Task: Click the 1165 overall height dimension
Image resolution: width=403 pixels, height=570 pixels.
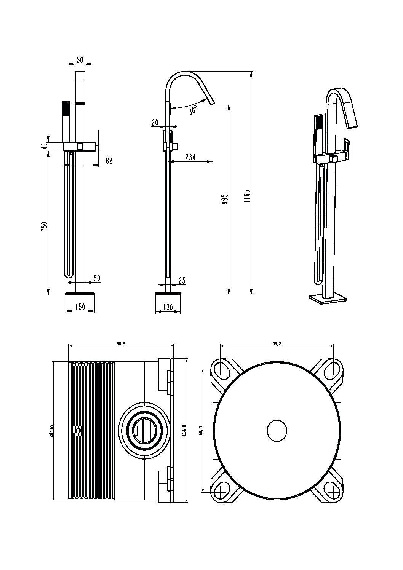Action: click(x=246, y=198)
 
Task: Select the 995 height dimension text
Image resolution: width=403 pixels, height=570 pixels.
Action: click(x=225, y=199)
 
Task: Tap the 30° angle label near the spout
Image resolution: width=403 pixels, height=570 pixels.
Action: click(x=193, y=110)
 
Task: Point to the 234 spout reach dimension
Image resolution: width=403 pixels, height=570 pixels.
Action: click(x=190, y=157)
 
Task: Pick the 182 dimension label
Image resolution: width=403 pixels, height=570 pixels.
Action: click(x=107, y=161)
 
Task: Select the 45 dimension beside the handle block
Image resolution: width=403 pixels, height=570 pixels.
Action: click(x=45, y=145)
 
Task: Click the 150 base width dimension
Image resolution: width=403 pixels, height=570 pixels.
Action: click(x=80, y=307)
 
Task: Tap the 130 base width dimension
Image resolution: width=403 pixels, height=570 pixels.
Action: click(x=168, y=307)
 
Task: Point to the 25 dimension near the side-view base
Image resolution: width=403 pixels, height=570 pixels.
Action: click(x=182, y=281)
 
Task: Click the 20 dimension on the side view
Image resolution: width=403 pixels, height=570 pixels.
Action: click(x=155, y=122)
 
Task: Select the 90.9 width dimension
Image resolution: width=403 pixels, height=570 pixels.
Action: click(x=121, y=344)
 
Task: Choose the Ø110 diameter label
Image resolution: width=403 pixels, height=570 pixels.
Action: click(x=51, y=430)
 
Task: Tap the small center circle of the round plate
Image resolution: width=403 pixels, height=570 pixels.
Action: click(x=277, y=431)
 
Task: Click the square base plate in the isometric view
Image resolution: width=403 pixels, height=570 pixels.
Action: click(x=328, y=299)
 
